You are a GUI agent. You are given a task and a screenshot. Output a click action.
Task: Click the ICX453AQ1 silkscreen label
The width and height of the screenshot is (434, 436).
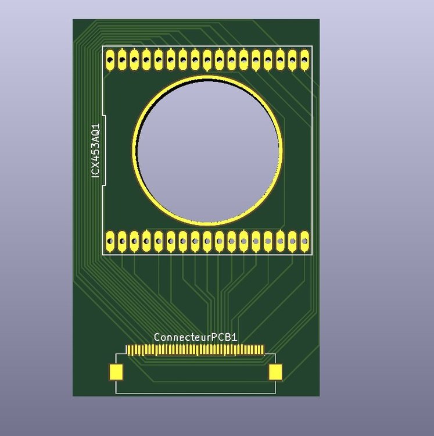click(x=96, y=151)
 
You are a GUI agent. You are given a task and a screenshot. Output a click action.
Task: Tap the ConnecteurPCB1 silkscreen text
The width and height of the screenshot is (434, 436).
click(x=196, y=337)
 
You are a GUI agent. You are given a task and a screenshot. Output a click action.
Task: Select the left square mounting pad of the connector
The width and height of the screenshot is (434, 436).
click(x=116, y=372)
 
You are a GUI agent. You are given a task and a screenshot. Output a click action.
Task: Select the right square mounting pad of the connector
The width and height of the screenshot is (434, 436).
click(x=275, y=372)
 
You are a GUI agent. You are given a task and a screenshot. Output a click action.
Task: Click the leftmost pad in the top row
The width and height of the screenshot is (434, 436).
click(x=110, y=60)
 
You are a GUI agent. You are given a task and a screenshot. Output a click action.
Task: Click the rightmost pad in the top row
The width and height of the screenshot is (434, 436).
click(x=305, y=60)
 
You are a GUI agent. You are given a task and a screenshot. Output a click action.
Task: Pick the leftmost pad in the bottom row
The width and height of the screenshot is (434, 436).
click(x=110, y=241)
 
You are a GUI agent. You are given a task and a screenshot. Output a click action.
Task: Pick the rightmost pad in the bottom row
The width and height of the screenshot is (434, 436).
click(x=305, y=241)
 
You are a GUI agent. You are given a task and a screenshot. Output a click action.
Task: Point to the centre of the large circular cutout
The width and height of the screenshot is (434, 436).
click(x=208, y=150)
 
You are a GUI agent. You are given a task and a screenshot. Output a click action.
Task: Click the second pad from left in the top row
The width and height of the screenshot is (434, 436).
click(x=122, y=60)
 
